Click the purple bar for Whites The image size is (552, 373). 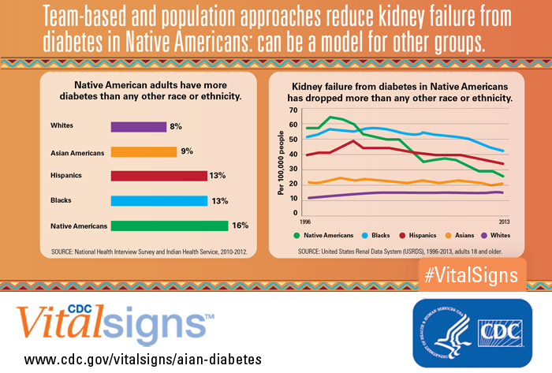[138, 126]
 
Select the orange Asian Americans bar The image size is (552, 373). [144, 151]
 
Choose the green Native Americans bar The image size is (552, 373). [169, 226]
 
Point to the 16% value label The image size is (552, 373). [240, 226]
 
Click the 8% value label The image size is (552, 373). [176, 126]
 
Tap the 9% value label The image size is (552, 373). [187, 151]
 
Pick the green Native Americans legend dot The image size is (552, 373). [297, 235]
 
